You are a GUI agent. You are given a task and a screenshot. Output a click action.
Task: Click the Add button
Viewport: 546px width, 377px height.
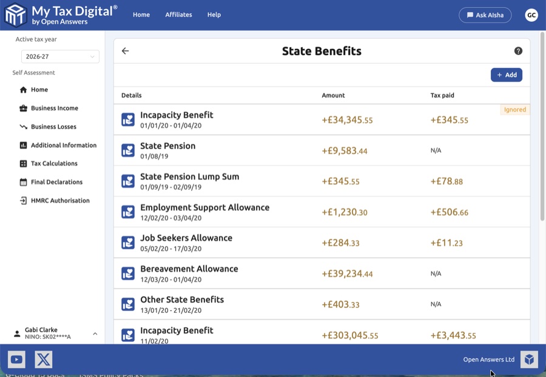507,75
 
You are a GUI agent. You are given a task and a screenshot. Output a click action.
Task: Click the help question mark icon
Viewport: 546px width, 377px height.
518,51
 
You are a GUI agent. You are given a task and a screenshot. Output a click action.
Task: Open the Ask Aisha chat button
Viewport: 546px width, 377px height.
485,15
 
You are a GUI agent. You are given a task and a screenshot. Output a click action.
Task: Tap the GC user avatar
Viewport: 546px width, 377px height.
531,15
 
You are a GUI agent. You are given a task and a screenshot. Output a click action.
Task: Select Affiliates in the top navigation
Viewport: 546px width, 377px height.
178,15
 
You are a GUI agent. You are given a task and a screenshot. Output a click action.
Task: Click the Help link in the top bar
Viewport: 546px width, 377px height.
214,15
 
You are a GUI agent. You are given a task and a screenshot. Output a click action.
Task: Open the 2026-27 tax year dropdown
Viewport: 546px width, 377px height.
60,56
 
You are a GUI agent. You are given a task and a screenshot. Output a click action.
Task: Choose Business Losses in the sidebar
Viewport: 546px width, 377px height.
53,127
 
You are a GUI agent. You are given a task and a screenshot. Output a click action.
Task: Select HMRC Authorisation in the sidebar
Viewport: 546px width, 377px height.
59,201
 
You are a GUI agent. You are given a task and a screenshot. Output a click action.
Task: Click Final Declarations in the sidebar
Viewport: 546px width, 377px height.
56,182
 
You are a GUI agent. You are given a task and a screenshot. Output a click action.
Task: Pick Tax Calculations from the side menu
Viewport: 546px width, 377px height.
54,164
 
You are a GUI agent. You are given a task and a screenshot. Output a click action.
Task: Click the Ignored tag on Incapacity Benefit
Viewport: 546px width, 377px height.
514,110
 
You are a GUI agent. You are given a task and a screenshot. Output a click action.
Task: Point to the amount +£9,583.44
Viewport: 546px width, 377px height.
345,150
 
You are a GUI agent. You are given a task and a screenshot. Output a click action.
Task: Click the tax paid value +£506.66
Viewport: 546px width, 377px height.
449,212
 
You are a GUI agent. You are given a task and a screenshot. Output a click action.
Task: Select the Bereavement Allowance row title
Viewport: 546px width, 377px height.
189,269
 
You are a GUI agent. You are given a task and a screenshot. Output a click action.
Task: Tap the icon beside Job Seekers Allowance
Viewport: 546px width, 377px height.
128,242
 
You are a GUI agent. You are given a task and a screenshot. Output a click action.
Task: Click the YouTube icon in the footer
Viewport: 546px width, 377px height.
16,359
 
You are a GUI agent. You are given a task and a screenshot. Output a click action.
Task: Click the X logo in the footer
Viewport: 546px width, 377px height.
44,359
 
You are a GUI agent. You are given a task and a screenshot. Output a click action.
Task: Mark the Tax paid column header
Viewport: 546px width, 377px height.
442,95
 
